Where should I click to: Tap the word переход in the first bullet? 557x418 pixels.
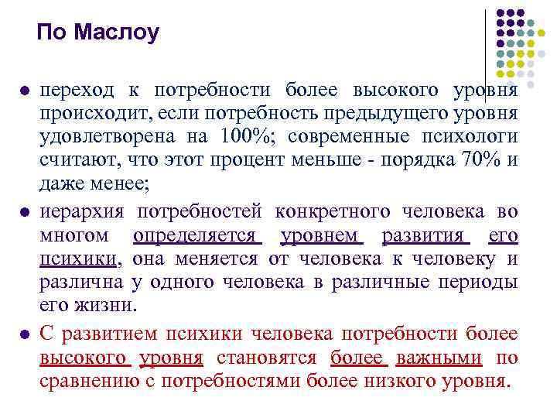pyautogui.click(x=72, y=90)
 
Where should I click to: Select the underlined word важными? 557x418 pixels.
pyautogui.click(x=439, y=357)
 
